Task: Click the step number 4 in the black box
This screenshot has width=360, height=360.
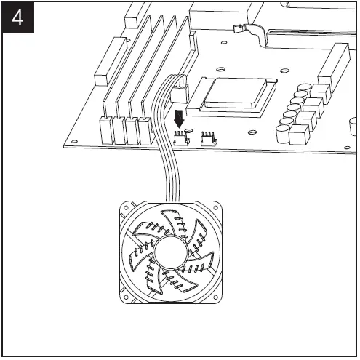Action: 17,17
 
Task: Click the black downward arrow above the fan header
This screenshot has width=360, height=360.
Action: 179,118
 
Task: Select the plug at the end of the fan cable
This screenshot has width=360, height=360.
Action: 180,91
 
